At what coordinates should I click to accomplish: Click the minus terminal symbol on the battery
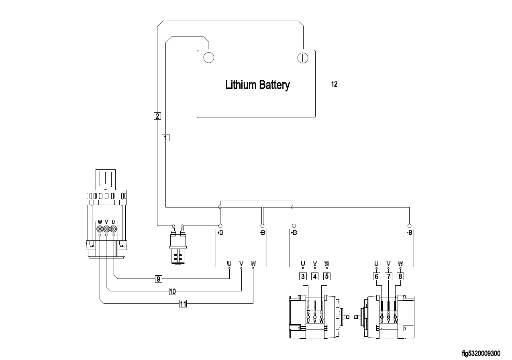pyautogui.click(x=209, y=58)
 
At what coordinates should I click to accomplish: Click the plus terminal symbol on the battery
pyautogui.click(x=302, y=58)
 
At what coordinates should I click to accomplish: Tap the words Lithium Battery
pyautogui.click(x=257, y=85)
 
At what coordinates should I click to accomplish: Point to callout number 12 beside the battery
pyautogui.click(x=334, y=84)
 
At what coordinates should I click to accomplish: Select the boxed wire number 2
pyautogui.click(x=157, y=116)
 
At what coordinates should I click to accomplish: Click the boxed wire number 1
pyautogui.click(x=165, y=137)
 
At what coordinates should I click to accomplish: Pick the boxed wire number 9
pyautogui.click(x=159, y=278)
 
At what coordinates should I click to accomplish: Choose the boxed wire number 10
pyautogui.click(x=173, y=291)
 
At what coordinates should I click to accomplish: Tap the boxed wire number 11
pyautogui.click(x=183, y=304)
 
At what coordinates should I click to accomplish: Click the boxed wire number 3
pyautogui.click(x=303, y=276)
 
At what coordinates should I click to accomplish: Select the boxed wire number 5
pyautogui.click(x=327, y=276)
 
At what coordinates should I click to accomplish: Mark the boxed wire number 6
pyautogui.click(x=376, y=276)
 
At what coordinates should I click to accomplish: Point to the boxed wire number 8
pyautogui.click(x=400, y=276)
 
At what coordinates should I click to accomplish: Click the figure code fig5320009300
pyautogui.click(x=481, y=354)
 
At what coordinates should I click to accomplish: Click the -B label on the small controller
pyautogui.click(x=262, y=233)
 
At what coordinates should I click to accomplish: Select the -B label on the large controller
pyautogui.click(x=409, y=233)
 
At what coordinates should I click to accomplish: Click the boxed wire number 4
pyautogui.click(x=315, y=276)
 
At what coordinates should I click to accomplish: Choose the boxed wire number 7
pyautogui.click(x=388, y=276)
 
